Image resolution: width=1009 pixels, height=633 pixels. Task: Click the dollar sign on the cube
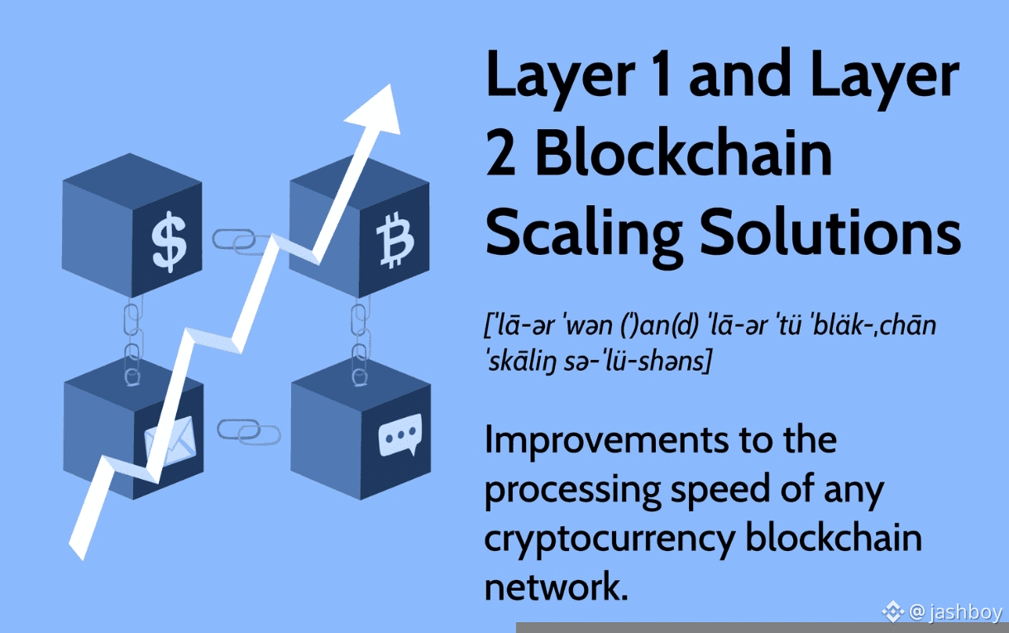click(x=169, y=242)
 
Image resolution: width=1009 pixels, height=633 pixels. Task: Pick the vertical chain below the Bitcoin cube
click(x=359, y=340)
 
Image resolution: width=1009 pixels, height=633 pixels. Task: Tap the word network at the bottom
click(x=552, y=587)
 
